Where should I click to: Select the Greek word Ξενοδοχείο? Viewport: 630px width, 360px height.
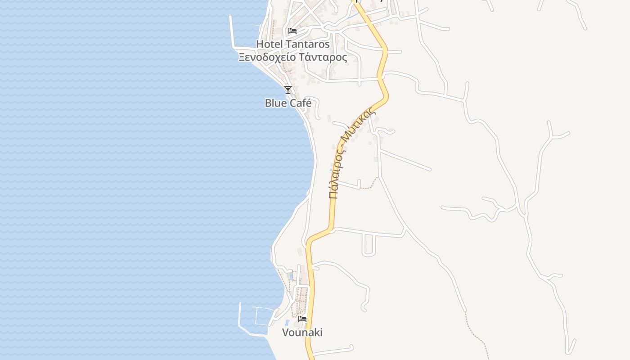point(267,57)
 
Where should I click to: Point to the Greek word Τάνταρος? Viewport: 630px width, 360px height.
point(323,57)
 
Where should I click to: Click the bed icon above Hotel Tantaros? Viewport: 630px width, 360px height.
point(292,31)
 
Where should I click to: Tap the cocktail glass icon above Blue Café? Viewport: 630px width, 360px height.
point(288,90)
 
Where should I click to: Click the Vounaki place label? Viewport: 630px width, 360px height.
point(302,333)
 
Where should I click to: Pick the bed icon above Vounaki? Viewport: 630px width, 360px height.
point(302,319)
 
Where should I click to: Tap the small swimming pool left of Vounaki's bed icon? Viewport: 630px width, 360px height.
point(287,322)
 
